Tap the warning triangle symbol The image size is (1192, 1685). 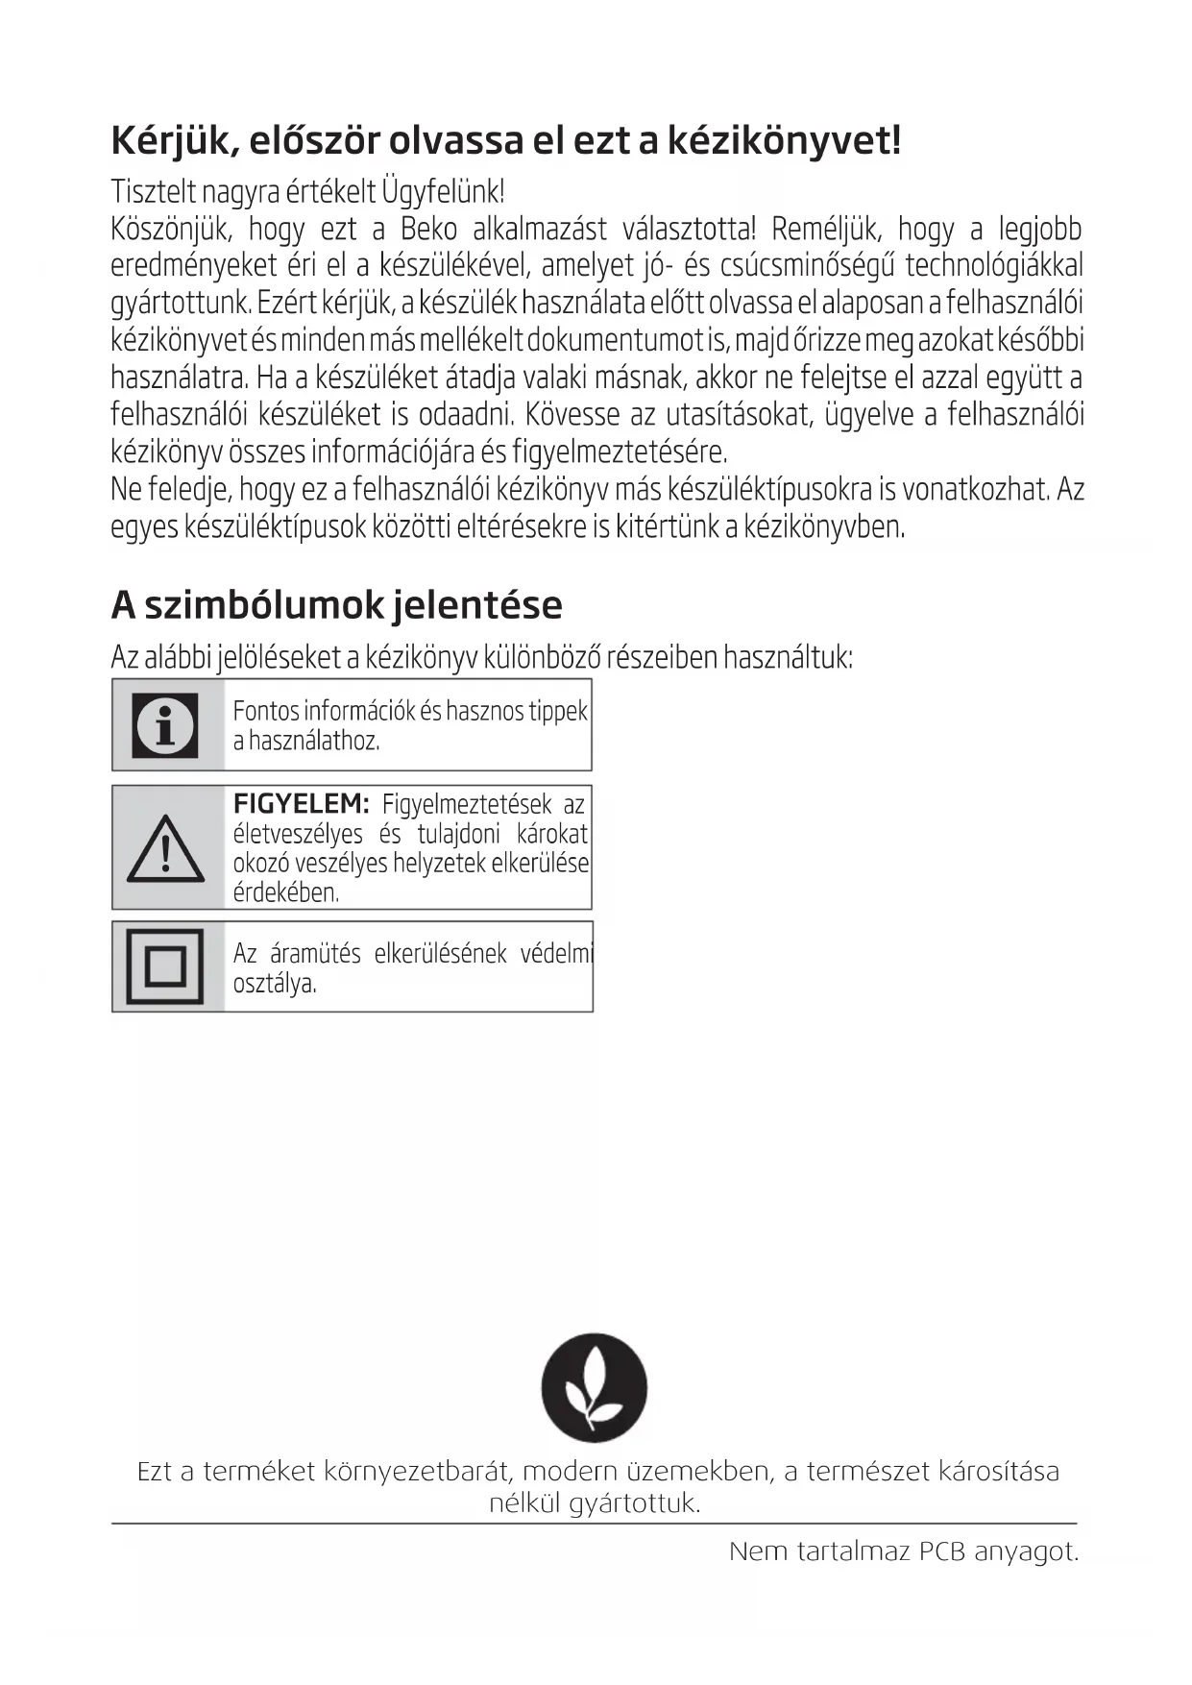click(x=165, y=848)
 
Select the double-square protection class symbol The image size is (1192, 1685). click(x=165, y=966)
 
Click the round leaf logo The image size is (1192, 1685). click(x=595, y=1387)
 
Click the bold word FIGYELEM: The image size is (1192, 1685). click(x=301, y=804)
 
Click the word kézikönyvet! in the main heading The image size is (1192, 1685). click(x=784, y=141)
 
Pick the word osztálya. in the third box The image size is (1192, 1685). click(x=275, y=984)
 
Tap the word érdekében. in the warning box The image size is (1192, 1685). click(x=286, y=892)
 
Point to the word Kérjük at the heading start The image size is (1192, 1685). click(x=175, y=141)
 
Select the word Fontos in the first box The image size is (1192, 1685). click(x=266, y=711)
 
